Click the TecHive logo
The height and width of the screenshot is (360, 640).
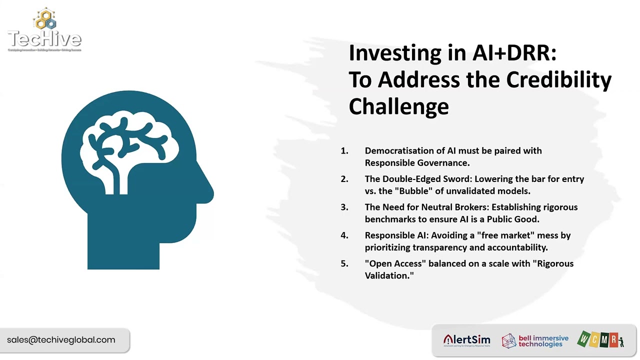[44, 31]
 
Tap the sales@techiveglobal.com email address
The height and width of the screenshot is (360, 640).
[61, 340]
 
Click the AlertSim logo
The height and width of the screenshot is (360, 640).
[466, 340]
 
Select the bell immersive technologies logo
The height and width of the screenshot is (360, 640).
[535, 341]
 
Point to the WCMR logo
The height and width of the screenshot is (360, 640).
[600, 339]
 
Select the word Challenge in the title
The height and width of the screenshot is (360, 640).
[398, 106]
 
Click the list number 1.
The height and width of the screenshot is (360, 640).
[344, 151]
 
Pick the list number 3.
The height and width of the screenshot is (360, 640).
[344, 207]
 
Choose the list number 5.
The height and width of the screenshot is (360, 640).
[344, 263]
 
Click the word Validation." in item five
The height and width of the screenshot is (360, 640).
[389, 275]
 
